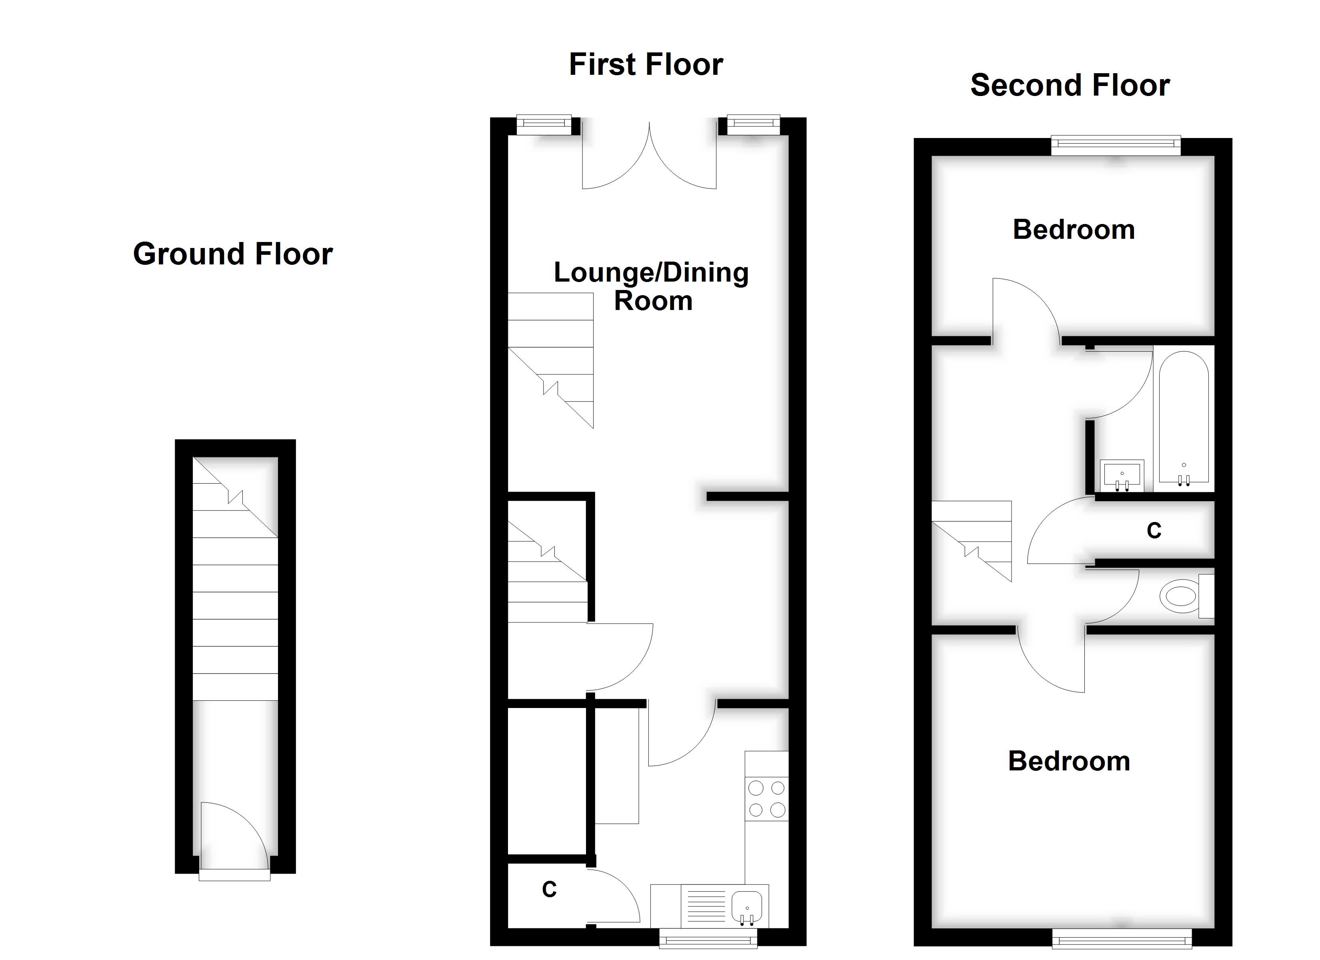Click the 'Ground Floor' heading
(x=233, y=254)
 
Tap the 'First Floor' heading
(x=646, y=65)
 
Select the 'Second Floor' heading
(x=1070, y=86)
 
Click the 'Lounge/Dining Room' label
(x=651, y=286)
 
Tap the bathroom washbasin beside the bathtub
(x=1122, y=475)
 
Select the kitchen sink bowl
(x=747, y=906)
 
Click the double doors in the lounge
(x=650, y=156)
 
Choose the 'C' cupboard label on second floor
(x=1154, y=530)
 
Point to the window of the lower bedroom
(x=1122, y=938)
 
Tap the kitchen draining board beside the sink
(x=706, y=906)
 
